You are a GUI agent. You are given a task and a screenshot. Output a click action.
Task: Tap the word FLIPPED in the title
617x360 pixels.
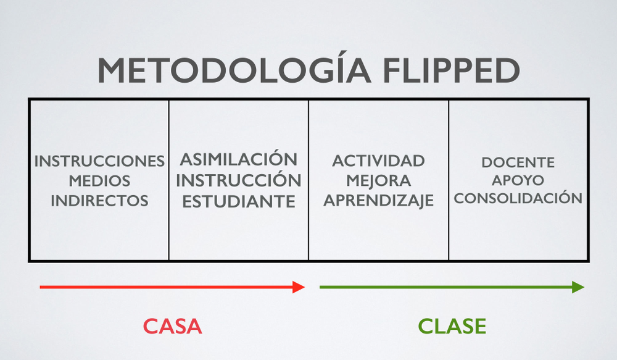(x=452, y=70)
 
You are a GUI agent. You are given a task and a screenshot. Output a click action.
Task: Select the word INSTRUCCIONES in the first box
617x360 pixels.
(x=99, y=161)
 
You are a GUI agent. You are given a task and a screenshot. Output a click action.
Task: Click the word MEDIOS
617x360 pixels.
(x=99, y=181)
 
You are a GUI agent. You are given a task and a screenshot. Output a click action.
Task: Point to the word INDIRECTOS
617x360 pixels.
(x=99, y=201)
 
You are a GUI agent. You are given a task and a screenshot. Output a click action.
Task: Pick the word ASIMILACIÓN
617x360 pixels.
(x=238, y=158)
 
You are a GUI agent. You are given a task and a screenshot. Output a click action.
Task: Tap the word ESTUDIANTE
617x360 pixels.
(x=238, y=201)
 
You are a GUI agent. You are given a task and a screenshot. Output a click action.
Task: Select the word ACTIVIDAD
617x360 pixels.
(x=379, y=161)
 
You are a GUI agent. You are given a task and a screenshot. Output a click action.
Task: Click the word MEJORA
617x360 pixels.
(x=379, y=181)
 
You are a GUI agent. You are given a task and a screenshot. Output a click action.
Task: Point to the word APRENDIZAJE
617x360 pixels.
(x=379, y=201)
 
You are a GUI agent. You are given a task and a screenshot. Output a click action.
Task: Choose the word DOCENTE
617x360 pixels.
(x=518, y=162)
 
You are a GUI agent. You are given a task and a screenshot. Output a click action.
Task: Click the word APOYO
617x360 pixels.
(x=518, y=180)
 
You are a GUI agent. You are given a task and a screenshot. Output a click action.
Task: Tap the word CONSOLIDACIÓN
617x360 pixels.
(x=518, y=197)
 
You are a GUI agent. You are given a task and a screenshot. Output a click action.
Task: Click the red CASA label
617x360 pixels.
(x=172, y=327)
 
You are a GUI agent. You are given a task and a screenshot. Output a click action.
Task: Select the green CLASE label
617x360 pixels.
(x=452, y=327)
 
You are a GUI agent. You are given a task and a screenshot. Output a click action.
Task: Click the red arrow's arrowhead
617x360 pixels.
(x=299, y=287)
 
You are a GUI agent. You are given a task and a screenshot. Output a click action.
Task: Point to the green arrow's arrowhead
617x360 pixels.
(x=578, y=287)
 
